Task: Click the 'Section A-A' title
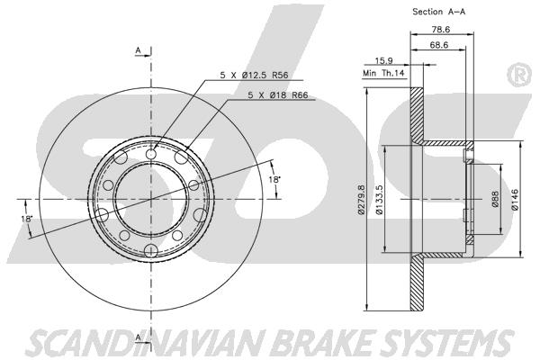pyautogui.click(x=439, y=12)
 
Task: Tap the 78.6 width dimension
pyautogui.click(x=441, y=30)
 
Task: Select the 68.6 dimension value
pyautogui.click(x=439, y=45)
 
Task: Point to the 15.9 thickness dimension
pyautogui.click(x=383, y=61)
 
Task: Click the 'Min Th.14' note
pyautogui.click(x=383, y=74)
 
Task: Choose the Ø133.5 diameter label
pyautogui.click(x=379, y=200)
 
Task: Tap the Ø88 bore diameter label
pyautogui.click(x=495, y=200)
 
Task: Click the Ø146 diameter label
pyautogui.click(x=515, y=200)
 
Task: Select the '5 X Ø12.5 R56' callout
pyautogui.click(x=254, y=75)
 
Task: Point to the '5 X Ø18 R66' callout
pyautogui.click(x=277, y=95)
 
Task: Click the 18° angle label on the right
pyautogui.click(x=274, y=179)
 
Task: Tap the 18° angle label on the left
pyautogui.click(x=26, y=219)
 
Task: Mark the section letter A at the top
pyautogui.click(x=138, y=50)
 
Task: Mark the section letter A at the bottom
pyautogui.click(x=138, y=337)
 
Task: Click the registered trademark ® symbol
pyautogui.click(x=519, y=75)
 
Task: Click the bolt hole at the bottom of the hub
pyautogui.click(x=151, y=250)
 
